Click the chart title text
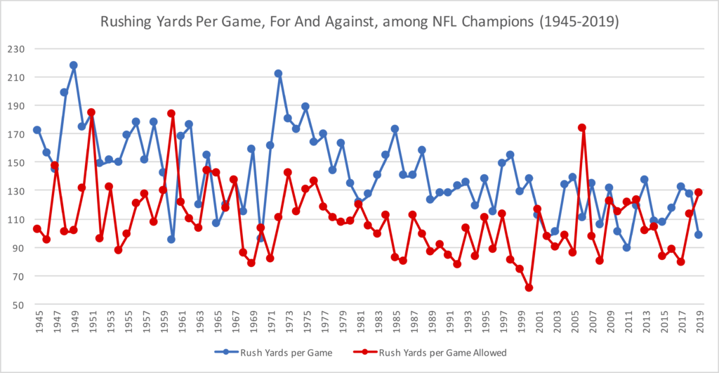(359, 21)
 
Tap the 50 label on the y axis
(19, 305)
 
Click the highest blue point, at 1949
(73, 65)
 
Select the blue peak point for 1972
(279, 74)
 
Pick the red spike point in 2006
(582, 128)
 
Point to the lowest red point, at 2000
(529, 288)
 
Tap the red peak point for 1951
(91, 112)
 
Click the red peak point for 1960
(171, 113)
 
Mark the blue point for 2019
(699, 235)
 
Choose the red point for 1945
(37, 228)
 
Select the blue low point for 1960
(171, 240)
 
